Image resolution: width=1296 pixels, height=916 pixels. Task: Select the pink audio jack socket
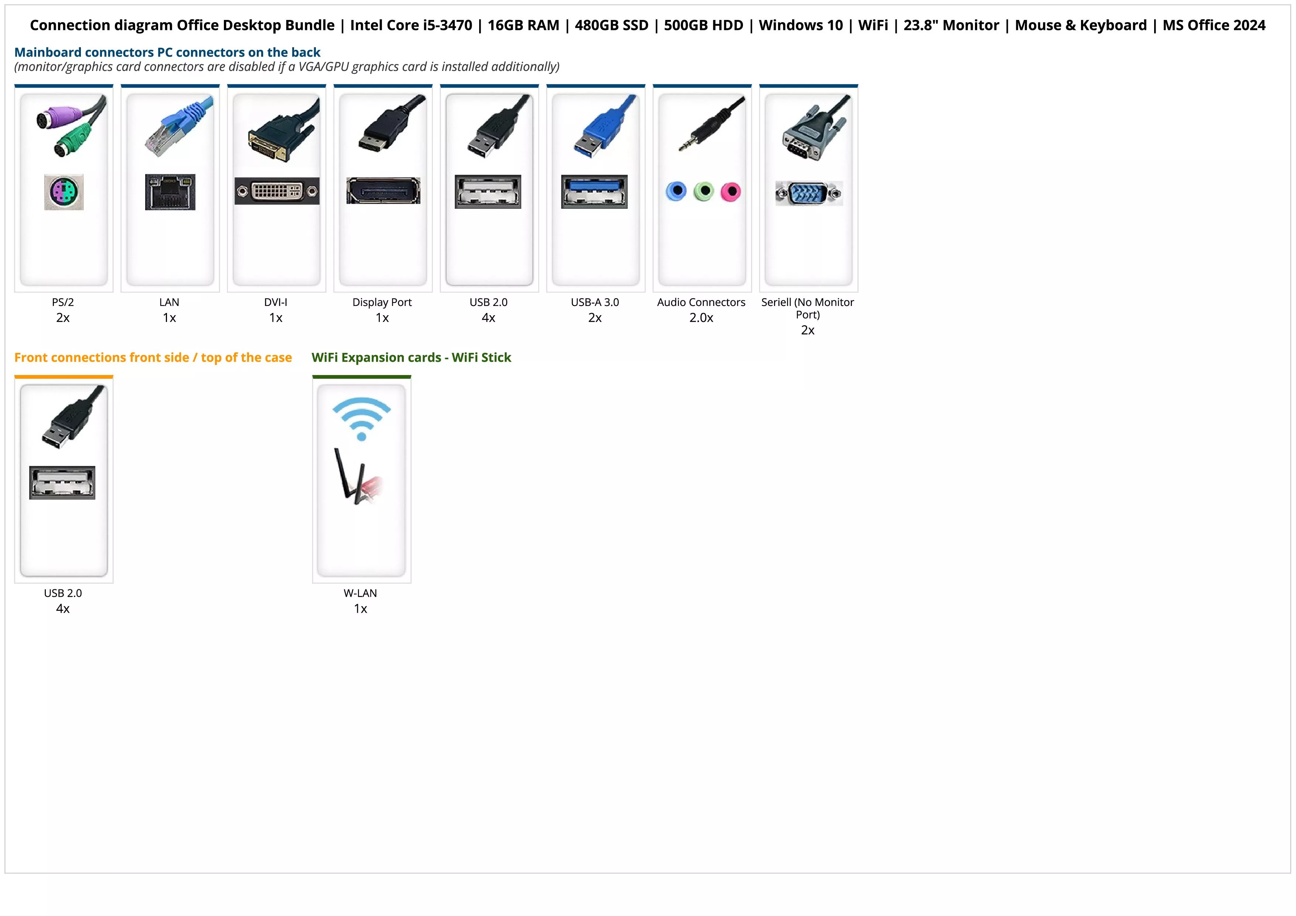pos(730,192)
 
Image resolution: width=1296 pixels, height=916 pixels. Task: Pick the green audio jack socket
pos(703,191)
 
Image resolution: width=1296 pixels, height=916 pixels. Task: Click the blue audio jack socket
pos(676,191)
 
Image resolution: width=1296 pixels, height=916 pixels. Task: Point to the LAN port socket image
pos(170,192)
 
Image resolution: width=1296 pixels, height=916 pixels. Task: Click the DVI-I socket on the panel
pos(277,191)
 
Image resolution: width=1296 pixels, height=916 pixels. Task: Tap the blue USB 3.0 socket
pos(594,191)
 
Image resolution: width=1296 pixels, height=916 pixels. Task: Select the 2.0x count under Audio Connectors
pos(701,318)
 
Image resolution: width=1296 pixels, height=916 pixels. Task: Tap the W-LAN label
pos(360,593)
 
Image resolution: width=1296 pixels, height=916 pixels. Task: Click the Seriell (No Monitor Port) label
pos(808,308)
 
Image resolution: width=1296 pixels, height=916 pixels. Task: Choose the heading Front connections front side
pos(153,358)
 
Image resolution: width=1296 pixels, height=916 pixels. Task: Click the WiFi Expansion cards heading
pos(411,358)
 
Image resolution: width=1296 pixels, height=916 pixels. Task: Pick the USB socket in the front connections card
pos(62,483)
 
